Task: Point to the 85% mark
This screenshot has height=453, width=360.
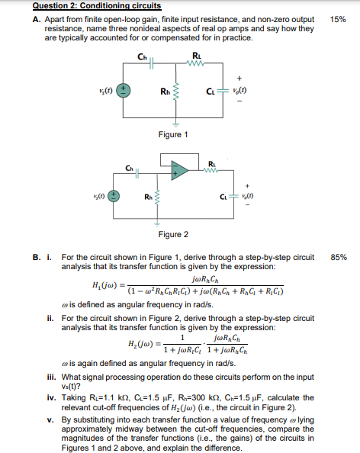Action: coord(339,259)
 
